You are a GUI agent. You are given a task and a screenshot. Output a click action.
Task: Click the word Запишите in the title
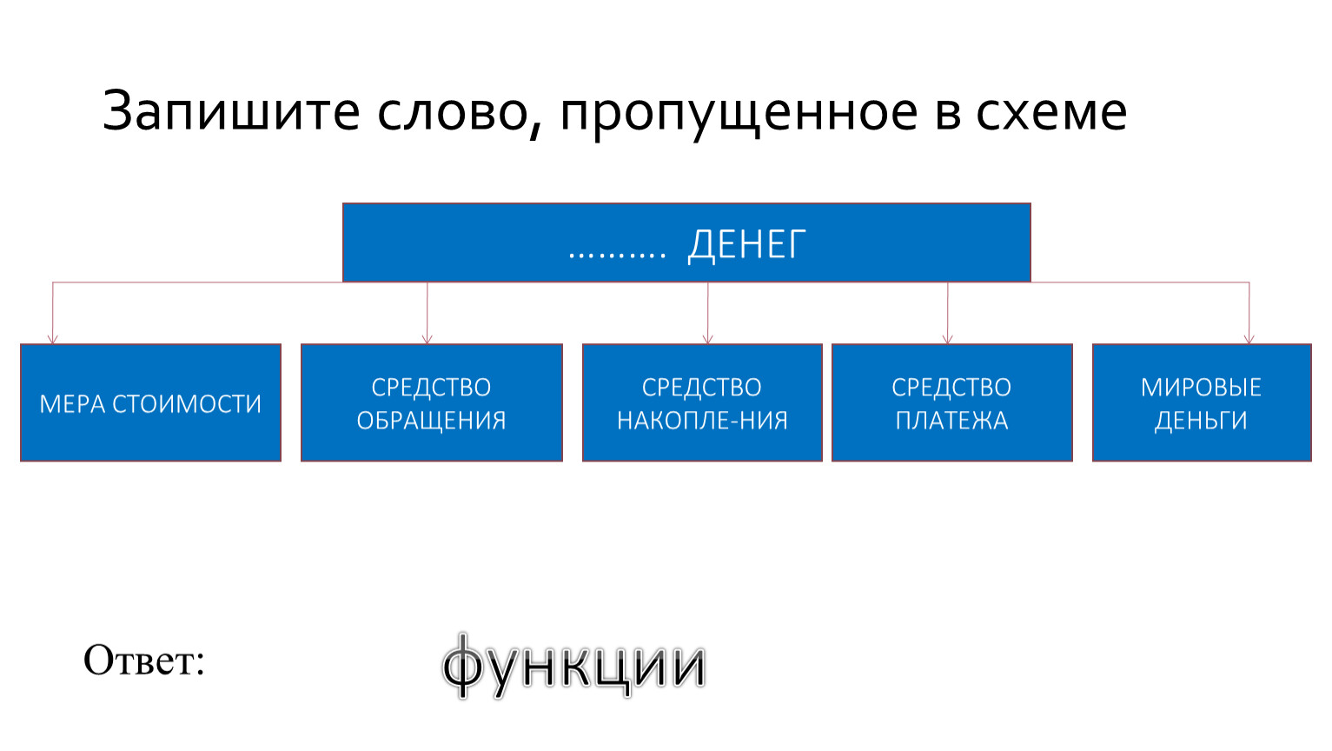(231, 111)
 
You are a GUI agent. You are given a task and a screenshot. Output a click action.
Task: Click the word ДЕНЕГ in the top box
(747, 244)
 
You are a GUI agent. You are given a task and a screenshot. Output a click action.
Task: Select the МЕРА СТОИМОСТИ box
(150, 402)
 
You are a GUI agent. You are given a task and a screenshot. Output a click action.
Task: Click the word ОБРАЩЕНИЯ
(431, 421)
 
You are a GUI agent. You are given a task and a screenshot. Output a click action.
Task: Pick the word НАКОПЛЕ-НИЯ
(702, 421)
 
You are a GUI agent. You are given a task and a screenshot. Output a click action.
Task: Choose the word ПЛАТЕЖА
(951, 421)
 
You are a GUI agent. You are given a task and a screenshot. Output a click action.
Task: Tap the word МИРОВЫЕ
(1201, 388)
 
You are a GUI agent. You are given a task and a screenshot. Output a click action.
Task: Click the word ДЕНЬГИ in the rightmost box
(1201, 421)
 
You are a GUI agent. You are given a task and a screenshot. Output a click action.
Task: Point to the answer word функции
(573, 665)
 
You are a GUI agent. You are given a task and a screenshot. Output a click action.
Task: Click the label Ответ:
(144, 660)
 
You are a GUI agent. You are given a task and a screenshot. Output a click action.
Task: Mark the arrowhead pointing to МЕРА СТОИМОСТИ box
(53, 339)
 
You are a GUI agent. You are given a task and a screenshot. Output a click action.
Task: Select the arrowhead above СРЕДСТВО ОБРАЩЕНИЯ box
(427, 339)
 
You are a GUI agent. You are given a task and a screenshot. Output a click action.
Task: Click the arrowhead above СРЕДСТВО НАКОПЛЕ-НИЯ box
(707, 339)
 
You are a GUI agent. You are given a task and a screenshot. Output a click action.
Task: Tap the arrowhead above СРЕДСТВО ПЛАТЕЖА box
(948, 339)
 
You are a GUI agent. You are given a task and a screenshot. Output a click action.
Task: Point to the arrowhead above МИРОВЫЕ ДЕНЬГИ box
(1249, 339)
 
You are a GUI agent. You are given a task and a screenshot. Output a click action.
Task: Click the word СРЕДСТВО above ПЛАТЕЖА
(951, 388)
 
